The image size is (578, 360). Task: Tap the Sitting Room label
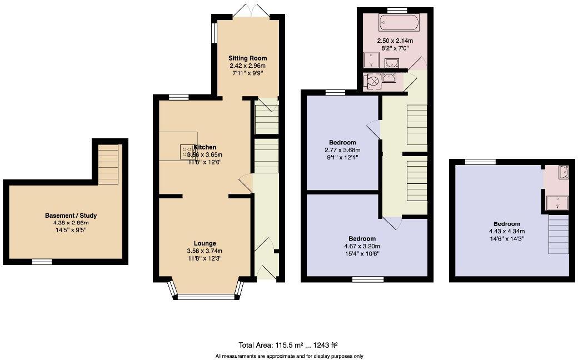pyautogui.click(x=248, y=58)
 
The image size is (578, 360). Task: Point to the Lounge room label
pyautogui.click(x=205, y=243)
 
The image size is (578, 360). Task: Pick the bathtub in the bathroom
pyautogui.click(x=398, y=23)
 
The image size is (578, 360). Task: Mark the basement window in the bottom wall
pyautogui.click(x=42, y=262)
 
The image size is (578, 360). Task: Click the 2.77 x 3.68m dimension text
pyautogui.click(x=342, y=150)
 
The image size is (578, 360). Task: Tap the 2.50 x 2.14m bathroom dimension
pyautogui.click(x=395, y=41)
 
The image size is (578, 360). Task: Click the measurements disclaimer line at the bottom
pyautogui.click(x=288, y=356)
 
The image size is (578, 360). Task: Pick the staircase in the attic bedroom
pyautogui.click(x=559, y=234)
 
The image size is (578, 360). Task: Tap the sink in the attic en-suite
pyautogui.click(x=562, y=172)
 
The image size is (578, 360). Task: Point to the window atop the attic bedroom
pyautogui.click(x=480, y=162)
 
